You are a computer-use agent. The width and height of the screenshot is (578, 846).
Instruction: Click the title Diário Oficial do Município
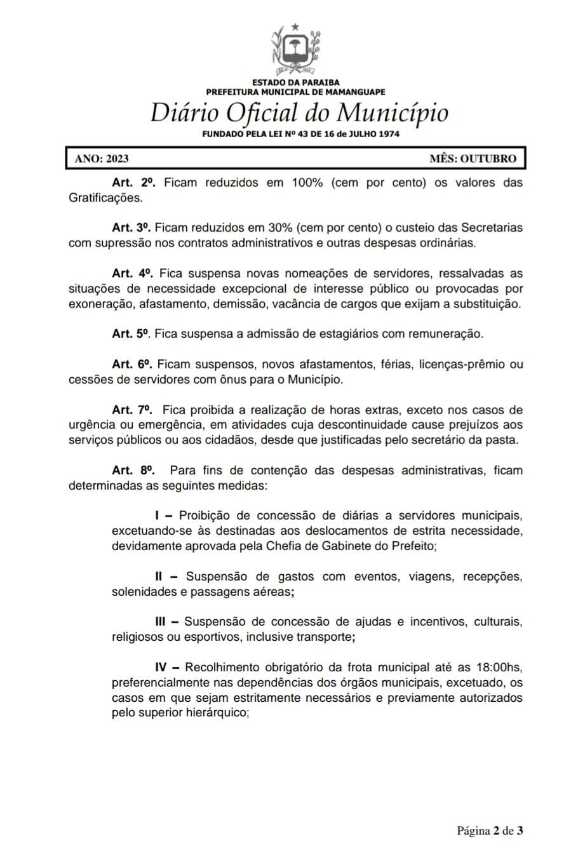[299, 114]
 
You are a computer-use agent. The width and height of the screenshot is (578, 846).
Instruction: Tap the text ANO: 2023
[102, 159]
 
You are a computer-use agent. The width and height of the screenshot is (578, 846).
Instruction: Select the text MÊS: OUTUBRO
[473, 159]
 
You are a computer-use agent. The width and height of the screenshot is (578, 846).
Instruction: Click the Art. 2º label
[133, 183]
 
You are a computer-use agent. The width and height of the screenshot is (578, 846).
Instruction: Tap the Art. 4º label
[133, 273]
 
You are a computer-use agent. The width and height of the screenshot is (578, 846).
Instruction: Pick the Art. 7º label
[133, 410]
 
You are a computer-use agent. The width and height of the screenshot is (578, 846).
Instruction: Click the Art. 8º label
[133, 470]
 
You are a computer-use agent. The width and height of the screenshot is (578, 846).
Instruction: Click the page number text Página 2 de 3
[490, 830]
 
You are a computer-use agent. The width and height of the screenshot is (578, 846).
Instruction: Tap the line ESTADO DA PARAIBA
[296, 83]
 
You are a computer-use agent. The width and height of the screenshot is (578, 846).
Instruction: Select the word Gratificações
[105, 198]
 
